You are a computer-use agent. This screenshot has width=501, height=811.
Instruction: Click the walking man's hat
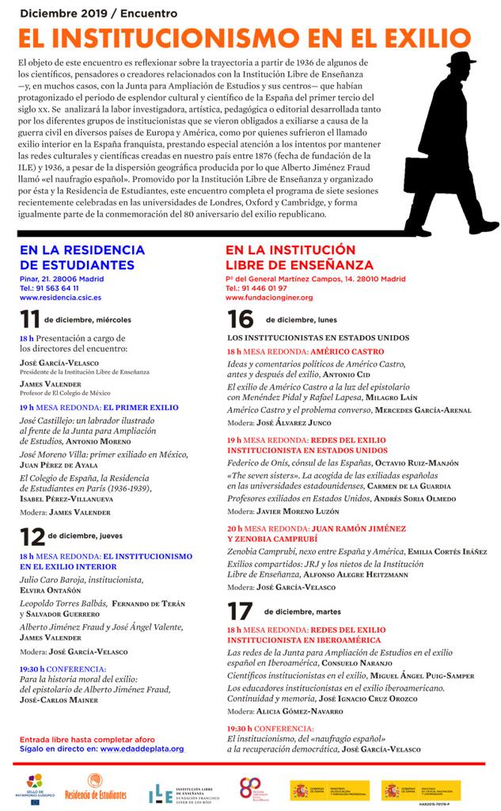tap(462, 62)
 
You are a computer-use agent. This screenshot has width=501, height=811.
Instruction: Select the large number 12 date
tap(32, 536)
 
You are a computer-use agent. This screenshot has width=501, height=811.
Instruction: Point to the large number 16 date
tap(240, 319)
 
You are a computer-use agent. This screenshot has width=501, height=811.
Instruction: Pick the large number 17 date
tap(240, 611)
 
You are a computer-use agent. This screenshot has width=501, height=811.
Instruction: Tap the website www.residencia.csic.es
tap(60, 298)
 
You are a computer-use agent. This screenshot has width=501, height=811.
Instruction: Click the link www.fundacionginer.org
tap(269, 298)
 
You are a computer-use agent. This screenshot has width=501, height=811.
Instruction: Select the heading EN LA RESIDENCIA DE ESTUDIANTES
tap(77, 258)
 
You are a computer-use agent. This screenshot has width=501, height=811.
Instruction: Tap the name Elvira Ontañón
tap(51, 590)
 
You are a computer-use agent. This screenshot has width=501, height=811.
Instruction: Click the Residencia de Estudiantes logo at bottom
tap(94, 790)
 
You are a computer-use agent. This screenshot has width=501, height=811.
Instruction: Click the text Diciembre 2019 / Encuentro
tap(99, 13)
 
